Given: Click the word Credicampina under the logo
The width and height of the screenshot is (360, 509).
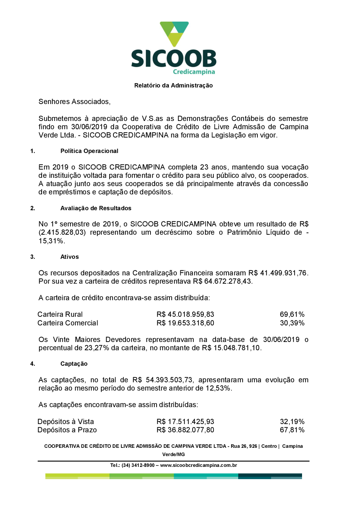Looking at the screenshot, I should (194, 72).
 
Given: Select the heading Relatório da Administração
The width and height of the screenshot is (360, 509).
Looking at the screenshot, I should (174, 86).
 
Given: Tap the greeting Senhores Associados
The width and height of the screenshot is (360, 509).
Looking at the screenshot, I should (74, 102).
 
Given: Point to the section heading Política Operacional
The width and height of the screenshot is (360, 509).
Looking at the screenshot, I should (89, 151).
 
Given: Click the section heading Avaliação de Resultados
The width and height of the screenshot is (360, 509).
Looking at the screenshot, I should (96, 208).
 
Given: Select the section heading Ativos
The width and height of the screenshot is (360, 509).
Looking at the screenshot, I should (69, 257).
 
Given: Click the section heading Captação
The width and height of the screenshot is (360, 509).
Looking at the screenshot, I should (74, 364).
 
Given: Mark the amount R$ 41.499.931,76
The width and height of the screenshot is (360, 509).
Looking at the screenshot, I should (278, 273).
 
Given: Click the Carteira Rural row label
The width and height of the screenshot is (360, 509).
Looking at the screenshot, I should (60, 315).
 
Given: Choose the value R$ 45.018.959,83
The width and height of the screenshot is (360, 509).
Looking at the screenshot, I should (185, 315).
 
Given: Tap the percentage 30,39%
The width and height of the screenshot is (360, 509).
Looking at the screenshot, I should (292, 323).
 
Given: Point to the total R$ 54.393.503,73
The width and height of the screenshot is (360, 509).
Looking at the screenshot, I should (163, 380).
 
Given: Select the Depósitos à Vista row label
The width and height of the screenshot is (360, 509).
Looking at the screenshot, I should (66, 422).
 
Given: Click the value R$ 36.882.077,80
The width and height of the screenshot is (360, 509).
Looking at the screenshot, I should (185, 430).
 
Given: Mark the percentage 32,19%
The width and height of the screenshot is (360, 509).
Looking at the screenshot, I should (292, 422).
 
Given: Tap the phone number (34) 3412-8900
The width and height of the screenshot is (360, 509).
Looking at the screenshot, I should (138, 465).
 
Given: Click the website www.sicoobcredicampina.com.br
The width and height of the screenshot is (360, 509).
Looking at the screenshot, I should (198, 465).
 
